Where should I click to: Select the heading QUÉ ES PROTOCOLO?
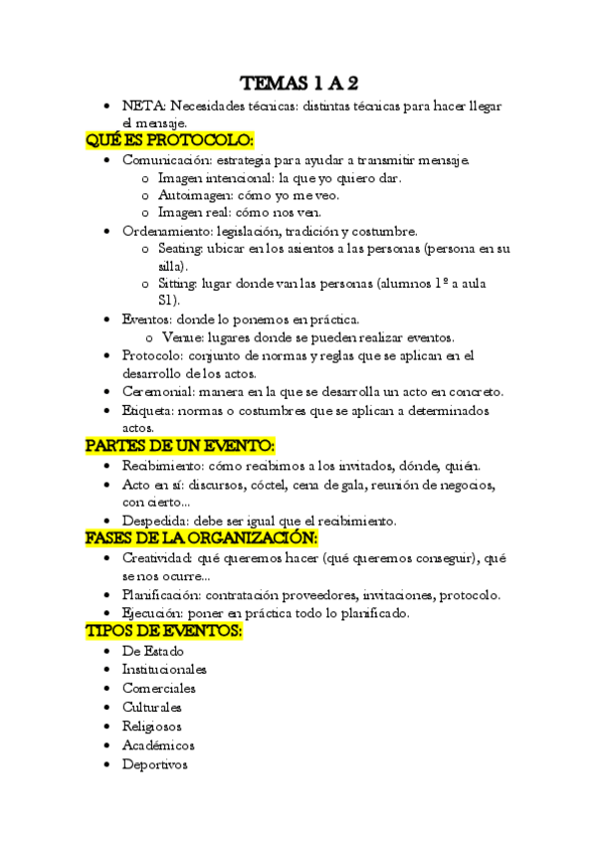coord(170,140)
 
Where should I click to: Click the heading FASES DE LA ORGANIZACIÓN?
coord(201,537)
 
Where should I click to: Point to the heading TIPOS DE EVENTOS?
coord(165,632)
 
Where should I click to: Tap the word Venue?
coord(179,336)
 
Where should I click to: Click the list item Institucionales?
coord(164,669)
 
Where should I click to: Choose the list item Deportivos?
coord(154,764)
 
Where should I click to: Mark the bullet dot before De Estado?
coord(107,651)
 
